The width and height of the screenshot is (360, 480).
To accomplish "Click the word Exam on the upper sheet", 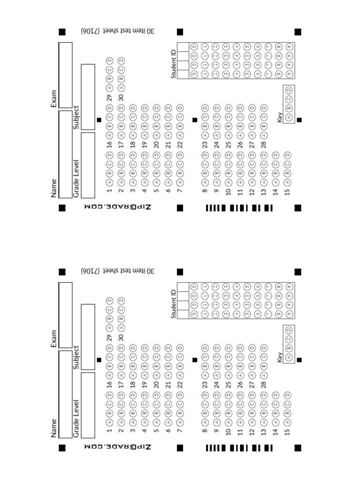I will (x=54, y=99).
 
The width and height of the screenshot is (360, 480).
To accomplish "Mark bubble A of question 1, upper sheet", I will (x=109, y=182).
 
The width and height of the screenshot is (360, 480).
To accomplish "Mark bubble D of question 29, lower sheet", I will (x=109, y=300).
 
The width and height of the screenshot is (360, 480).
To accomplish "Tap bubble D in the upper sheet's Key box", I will (x=289, y=90).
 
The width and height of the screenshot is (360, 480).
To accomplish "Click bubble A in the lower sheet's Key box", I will (x=289, y=357).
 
